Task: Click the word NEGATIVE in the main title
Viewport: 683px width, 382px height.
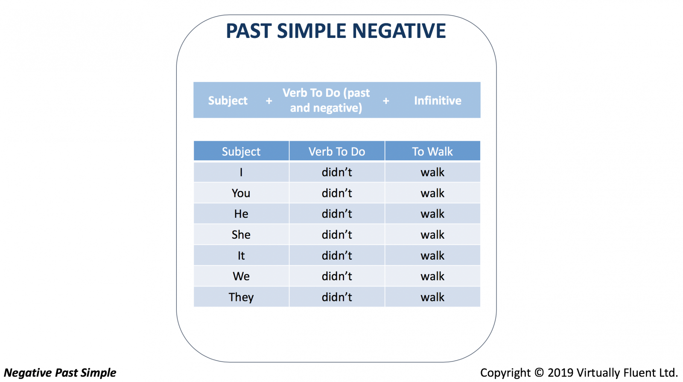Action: coord(399,31)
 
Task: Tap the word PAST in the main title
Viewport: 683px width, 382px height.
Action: coord(248,31)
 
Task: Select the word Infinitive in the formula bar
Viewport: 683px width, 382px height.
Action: coord(438,101)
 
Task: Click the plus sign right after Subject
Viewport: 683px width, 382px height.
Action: coord(269,101)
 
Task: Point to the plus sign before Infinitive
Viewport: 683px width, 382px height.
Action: coord(386,101)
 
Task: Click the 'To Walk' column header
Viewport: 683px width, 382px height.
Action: coord(432,151)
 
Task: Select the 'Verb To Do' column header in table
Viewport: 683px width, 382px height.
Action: coord(337,151)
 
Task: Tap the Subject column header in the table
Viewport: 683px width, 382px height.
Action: coord(241,151)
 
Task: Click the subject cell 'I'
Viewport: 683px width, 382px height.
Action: coord(241,172)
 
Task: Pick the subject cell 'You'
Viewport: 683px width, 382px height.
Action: coord(241,193)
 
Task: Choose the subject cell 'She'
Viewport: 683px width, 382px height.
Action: coord(241,234)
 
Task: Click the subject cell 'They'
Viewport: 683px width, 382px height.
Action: coord(241,297)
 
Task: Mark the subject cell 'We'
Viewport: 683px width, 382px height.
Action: coord(241,276)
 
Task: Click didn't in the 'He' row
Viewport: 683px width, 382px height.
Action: coord(337,214)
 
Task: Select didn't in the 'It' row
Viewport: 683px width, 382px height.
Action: coord(337,255)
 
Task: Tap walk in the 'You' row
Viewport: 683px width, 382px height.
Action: coord(432,193)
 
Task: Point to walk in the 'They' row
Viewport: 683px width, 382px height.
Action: coord(432,297)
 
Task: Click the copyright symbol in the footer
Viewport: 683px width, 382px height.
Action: coord(539,373)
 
